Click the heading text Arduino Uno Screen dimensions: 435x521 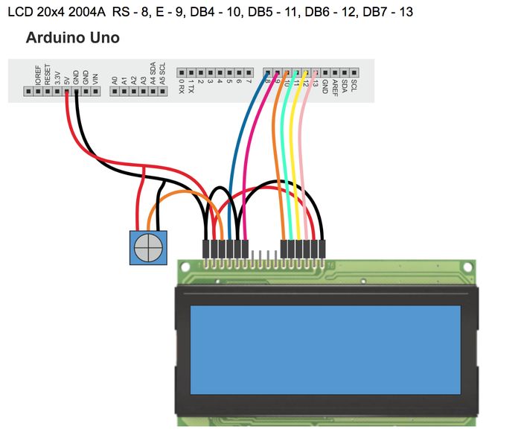[72, 37]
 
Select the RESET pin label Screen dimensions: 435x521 [48, 74]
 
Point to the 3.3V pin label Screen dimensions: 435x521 [57, 76]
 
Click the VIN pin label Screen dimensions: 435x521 [95, 77]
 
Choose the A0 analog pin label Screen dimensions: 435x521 [115, 79]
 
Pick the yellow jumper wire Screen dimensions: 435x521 [296, 149]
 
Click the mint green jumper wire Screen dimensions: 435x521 [287, 149]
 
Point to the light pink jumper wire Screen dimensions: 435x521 [306, 149]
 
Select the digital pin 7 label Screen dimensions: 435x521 [249, 80]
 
